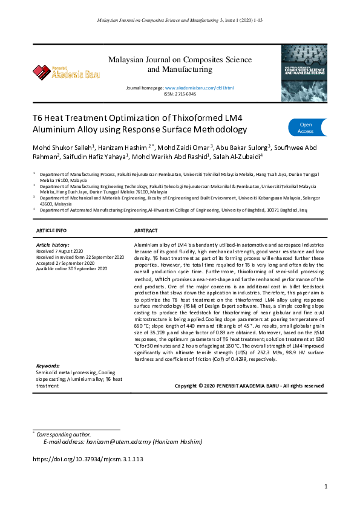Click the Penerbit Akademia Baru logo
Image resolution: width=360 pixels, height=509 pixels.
[x=67, y=73]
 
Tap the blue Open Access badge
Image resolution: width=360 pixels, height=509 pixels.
[x=306, y=128]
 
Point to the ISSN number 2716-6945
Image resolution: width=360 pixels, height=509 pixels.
[x=185, y=94]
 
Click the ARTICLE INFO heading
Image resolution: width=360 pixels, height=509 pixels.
[x=52, y=231]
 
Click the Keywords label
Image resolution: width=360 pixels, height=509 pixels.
[x=48, y=366]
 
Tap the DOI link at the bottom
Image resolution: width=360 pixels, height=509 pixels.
[x=87, y=459]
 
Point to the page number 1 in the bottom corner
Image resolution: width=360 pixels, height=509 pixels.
[x=326, y=486]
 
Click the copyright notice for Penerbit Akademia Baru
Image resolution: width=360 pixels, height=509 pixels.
[x=249, y=386]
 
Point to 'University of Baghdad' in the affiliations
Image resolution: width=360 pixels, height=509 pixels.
[x=247, y=210]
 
